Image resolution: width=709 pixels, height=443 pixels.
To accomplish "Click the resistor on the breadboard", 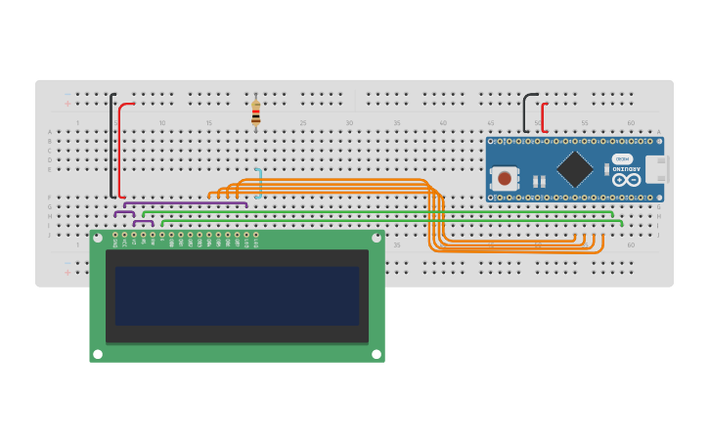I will pyautogui.click(x=255, y=113).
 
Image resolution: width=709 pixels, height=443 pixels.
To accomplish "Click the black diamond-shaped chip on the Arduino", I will pyautogui.click(x=574, y=168).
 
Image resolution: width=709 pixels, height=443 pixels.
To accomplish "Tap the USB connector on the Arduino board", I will pyautogui.click(x=655, y=169).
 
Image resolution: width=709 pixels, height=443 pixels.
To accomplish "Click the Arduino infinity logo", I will pyautogui.click(x=626, y=180).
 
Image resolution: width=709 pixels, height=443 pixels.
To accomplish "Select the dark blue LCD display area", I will pyautogui.click(x=237, y=295).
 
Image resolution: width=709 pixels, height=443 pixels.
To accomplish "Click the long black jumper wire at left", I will pyautogui.click(x=111, y=147).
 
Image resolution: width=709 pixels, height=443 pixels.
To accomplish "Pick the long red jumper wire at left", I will pyautogui.click(x=120, y=147).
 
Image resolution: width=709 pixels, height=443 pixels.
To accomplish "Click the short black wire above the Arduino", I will pyautogui.click(x=525, y=112).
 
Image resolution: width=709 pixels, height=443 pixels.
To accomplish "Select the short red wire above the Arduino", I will pyautogui.click(x=543, y=117).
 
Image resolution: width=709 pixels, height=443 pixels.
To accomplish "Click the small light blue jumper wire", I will pyautogui.click(x=259, y=183).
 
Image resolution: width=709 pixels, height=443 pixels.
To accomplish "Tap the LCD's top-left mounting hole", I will pyautogui.click(x=97, y=237).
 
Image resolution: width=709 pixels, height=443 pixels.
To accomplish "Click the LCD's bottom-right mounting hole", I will pyautogui.click(x=376, y=354).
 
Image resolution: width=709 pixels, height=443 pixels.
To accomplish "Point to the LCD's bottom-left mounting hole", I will pyautogui.click(x=97, y=354).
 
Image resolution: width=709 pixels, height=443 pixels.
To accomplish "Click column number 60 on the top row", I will pyautogui.click(x=631, y=122).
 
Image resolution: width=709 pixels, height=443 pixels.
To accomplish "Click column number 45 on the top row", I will pyautogui.click(x=490, y=122).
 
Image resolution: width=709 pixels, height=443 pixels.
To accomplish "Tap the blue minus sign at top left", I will pyautogui.click(x=66, y=95).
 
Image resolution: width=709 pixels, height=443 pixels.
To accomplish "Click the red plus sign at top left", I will pyautogui.click(x=66, y=104).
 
